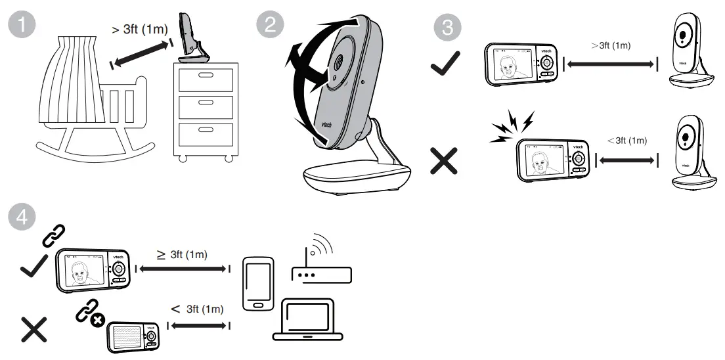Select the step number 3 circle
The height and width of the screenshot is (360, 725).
tap(447, 28)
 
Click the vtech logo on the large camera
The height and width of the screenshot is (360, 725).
tap(325, 122)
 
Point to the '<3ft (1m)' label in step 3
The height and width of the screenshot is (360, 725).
tap(626, 140)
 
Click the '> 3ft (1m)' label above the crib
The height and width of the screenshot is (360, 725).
tap(139, 29)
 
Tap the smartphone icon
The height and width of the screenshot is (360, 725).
tap(257, 283)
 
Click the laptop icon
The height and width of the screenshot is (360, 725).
tap(307, 320)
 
